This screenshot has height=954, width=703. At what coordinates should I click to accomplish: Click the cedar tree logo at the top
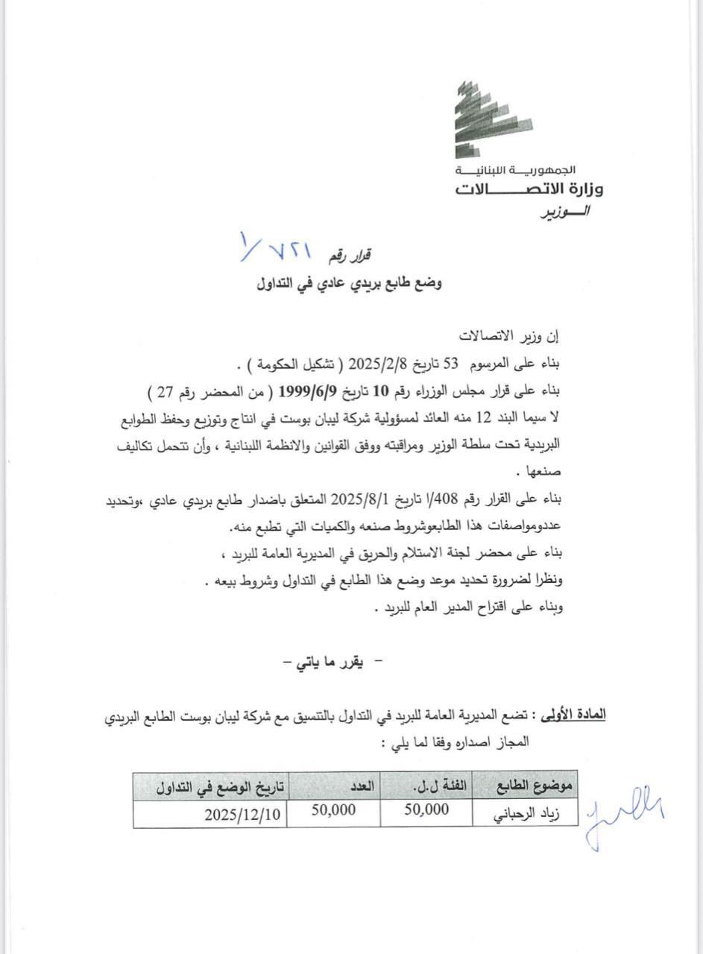click(x=491, y=120)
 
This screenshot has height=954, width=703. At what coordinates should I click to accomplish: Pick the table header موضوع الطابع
click(x=535, y=786)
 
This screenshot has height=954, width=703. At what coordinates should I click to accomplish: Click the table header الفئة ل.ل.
click(x=427, y=786)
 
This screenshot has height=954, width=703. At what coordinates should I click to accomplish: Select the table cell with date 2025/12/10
click(x=242, y=814)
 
